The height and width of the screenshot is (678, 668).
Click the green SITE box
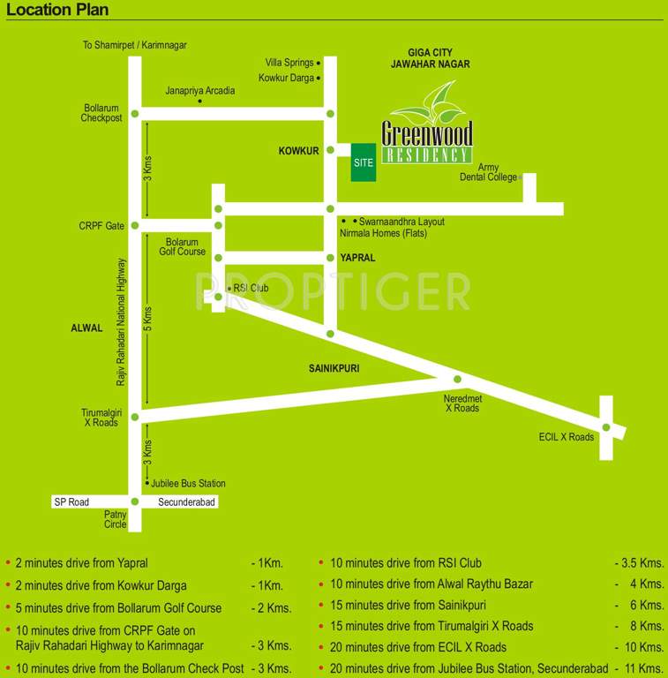[x=364, y=162]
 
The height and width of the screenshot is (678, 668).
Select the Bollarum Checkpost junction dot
[x=135, y=113]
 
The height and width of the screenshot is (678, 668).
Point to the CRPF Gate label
[x=102, y=226]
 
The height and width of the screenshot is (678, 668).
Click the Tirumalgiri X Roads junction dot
[x=135, y=417]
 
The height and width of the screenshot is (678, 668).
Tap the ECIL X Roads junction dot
[x=606, y=427]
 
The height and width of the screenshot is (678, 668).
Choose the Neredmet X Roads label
[x=462, y=403]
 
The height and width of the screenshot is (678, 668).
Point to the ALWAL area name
[x=87, y=328]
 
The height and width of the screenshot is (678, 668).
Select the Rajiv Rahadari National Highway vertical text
[x=123, y=321]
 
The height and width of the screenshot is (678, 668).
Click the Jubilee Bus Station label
[x=188, y=483]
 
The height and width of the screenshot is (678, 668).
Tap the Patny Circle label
[x=116, y=518]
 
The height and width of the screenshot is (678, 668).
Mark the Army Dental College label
[x=488, y=172]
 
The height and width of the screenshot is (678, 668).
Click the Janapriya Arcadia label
[x=200, y=91]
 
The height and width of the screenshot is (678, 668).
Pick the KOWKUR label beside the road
[x=298, y=152]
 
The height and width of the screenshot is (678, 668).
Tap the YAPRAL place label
[x=357, y=258]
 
